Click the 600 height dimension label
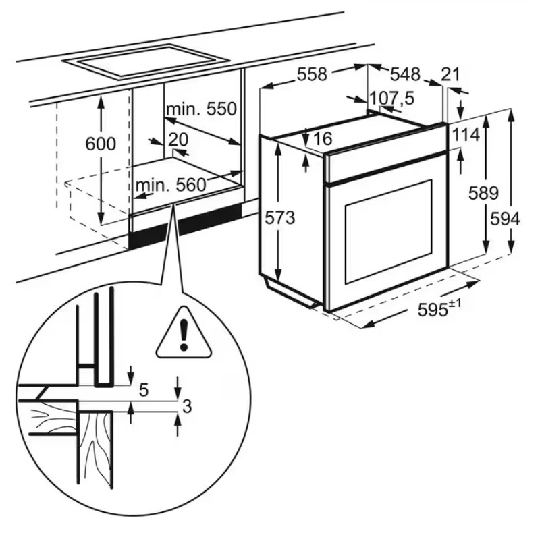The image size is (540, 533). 101,143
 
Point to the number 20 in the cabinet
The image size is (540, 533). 178,139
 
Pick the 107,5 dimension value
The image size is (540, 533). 392,99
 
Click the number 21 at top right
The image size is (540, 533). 451,74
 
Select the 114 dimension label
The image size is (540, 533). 465,134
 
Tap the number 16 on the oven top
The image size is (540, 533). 323,139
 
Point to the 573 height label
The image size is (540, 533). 279,217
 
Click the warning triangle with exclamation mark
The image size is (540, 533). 183,334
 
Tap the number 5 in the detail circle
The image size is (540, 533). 143,390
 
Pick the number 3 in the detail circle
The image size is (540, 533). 187,405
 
